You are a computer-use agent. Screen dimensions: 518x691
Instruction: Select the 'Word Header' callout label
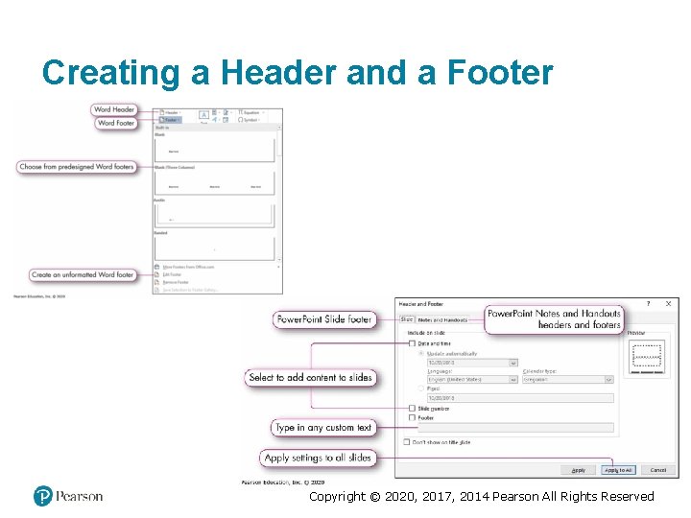tap(115, 110)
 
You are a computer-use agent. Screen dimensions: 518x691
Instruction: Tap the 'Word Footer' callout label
tap(115, 123)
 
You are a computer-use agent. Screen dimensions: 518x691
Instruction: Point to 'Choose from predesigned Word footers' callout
tap(76, 167)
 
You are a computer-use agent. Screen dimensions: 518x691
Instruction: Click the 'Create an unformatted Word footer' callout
tap(83, 275)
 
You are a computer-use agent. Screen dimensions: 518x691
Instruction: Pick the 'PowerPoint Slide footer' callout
tap(323, 319)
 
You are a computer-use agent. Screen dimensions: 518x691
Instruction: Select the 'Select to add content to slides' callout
tap(310, 378)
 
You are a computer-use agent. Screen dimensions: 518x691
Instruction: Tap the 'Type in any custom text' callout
tap(323, 428)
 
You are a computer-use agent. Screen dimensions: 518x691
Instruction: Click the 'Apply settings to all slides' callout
tap(318, 459)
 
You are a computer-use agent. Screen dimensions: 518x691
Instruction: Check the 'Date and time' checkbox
tap(412, 343)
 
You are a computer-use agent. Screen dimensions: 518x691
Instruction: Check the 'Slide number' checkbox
tap(412, 409)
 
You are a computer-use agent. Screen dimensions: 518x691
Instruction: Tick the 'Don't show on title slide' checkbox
tap(408, 442)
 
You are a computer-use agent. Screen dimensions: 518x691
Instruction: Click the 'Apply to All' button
tap(618, 470)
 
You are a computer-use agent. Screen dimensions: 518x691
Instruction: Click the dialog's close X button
tap(668, 304)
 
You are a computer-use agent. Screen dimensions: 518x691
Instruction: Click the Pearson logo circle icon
tap(42, 496)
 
